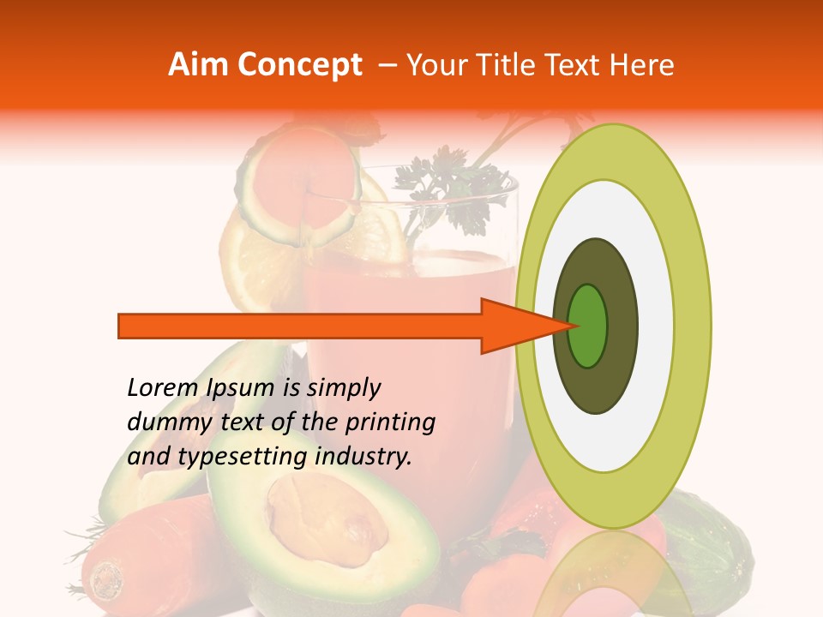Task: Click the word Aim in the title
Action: pyautogui.click(x=198, y=65)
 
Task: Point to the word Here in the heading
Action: pyautogui.click(x=643, y=65)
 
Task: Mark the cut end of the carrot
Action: pyautogui.click(x=105, y=579)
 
